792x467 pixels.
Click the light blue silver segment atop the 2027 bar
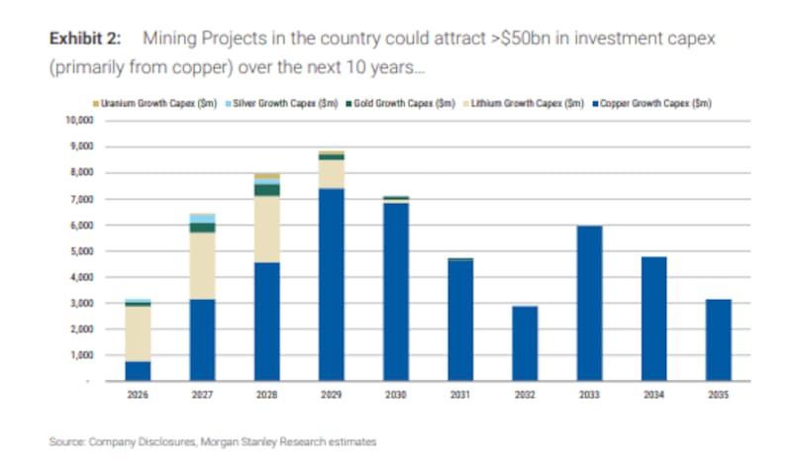pos(203,218)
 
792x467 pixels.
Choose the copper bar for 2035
pos(718,340)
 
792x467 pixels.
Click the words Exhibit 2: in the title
pos(85,39)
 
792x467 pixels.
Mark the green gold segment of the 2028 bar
pos(267,190)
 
